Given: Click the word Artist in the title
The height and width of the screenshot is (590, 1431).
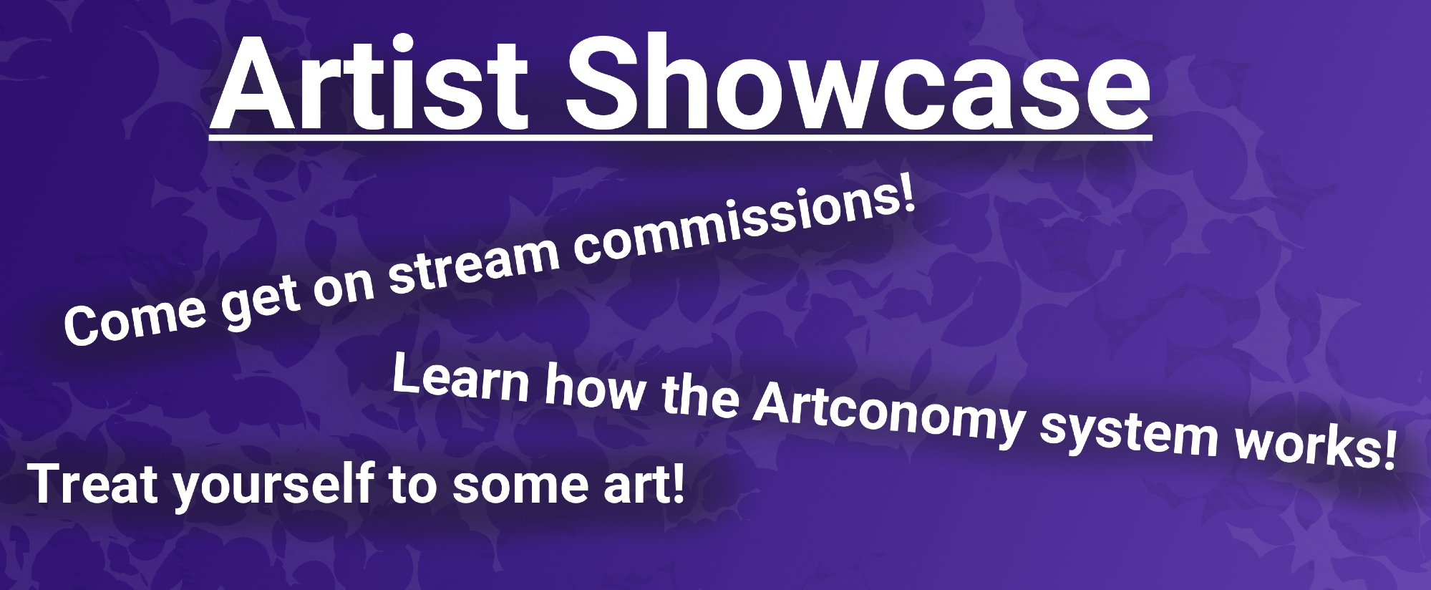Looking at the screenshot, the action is tap(371, 82).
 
